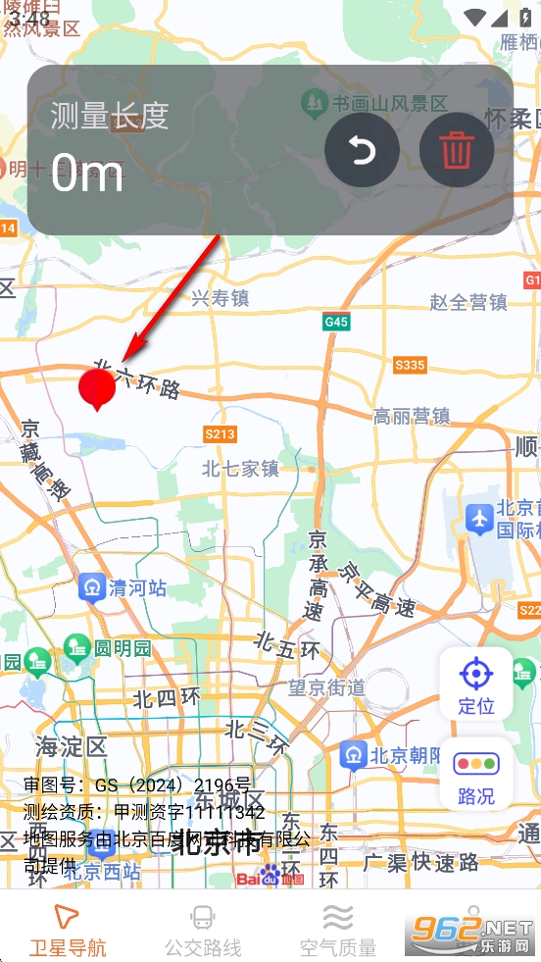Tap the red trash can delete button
[x=456, y=151]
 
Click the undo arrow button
[x=362, y=151]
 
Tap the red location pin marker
[x=96, y=388]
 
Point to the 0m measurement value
[x=87, y=175]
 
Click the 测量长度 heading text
[x=110, y=116]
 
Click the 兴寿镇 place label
[x=220, y=298]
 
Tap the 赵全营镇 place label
[x=468, y=302]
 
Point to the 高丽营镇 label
[x=412, y=416]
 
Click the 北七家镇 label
[x=241, y=469]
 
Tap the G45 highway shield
[x=336, y=322]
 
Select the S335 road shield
[x=410, y=366]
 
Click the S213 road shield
[x=220, y=433]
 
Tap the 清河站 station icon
[x=92, y=587]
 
